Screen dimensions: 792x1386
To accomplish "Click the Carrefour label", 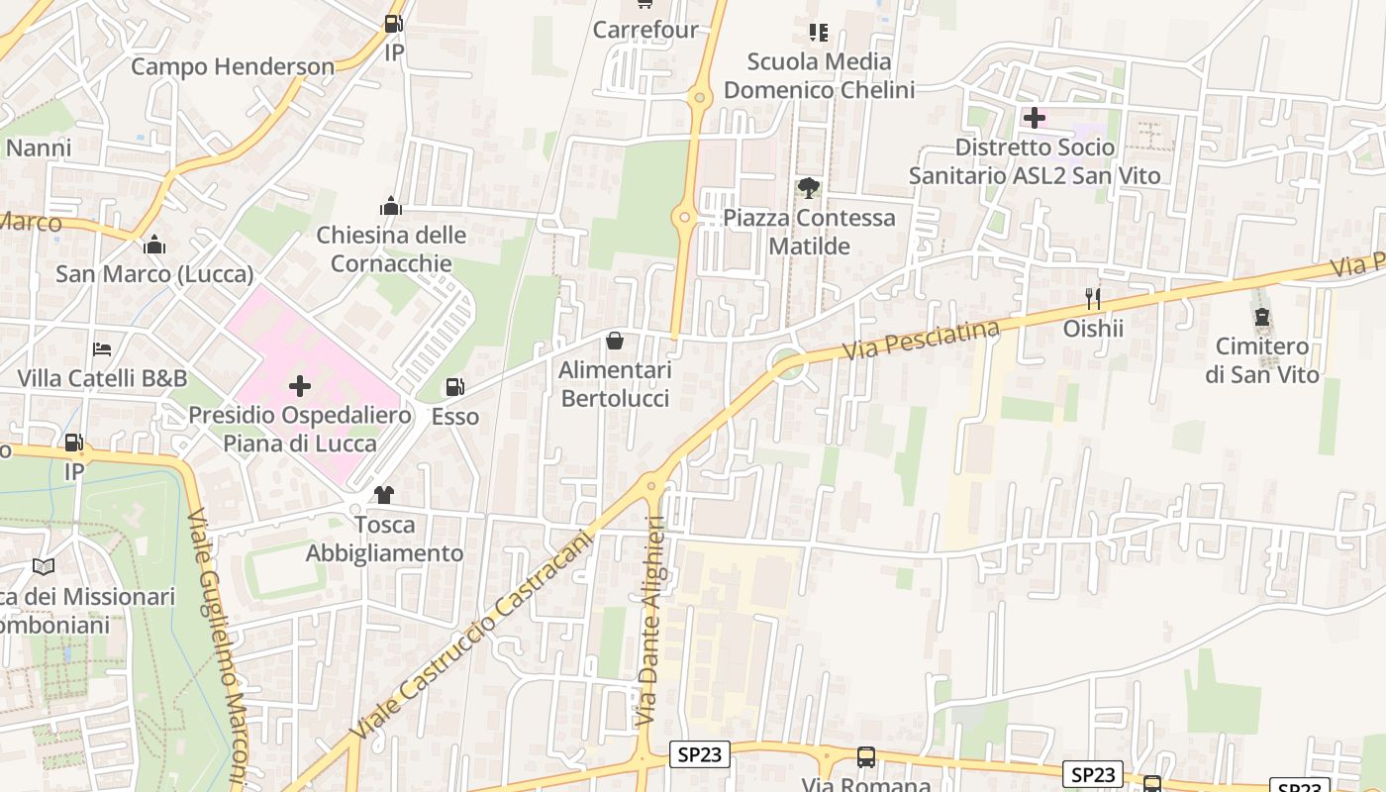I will click(x=645, y=30).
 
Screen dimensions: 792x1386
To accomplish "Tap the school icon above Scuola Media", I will click(x=818, y=33).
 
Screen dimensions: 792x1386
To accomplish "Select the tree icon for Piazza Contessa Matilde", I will click(x=809, y=187).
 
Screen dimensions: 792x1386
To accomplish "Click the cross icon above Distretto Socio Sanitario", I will click(x=1035, y=119).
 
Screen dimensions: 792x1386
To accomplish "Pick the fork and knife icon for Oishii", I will click(x=1093, y=298).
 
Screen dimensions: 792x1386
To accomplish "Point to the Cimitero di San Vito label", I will click(x=1262, y=360).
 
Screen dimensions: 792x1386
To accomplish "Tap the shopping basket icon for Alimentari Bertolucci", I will click(x=615, y=342).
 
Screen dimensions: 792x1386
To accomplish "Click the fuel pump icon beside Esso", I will click(x=454, y=387).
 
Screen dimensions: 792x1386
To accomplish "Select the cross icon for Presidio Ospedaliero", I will click(x=300, y=385).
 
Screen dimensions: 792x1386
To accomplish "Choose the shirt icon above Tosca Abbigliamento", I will click(x=384, y=495).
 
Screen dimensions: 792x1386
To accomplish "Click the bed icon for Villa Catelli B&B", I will click(x=102, y=349).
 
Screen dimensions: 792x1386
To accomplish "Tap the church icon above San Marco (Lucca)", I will click(x=154, y=245).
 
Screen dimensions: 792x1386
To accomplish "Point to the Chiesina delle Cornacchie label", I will click(x=391, y=249).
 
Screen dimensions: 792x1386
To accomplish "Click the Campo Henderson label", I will click(x=233, y=66).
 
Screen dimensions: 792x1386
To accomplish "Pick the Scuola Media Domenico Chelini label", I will click(x=819, y=76).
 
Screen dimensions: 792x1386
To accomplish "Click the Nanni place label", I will click(x=39, y=148).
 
